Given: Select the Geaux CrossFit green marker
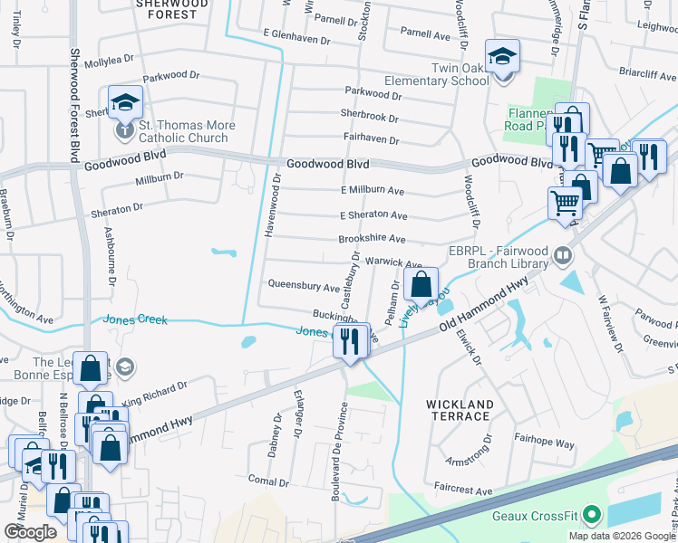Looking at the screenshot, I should coord(592,517).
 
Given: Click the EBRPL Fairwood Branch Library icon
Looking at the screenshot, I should coord(562,256).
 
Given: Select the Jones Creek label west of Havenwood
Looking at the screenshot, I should coord(135,319).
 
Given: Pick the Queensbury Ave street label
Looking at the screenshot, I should coord(304,286).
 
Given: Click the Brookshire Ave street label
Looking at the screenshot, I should coord(371,238).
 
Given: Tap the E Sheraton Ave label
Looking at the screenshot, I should coord(373,215).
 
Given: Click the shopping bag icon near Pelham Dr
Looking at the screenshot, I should coord(421,285).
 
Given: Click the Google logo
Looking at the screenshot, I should coord(30,532).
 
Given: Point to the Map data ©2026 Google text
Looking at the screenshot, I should coord(621,536).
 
